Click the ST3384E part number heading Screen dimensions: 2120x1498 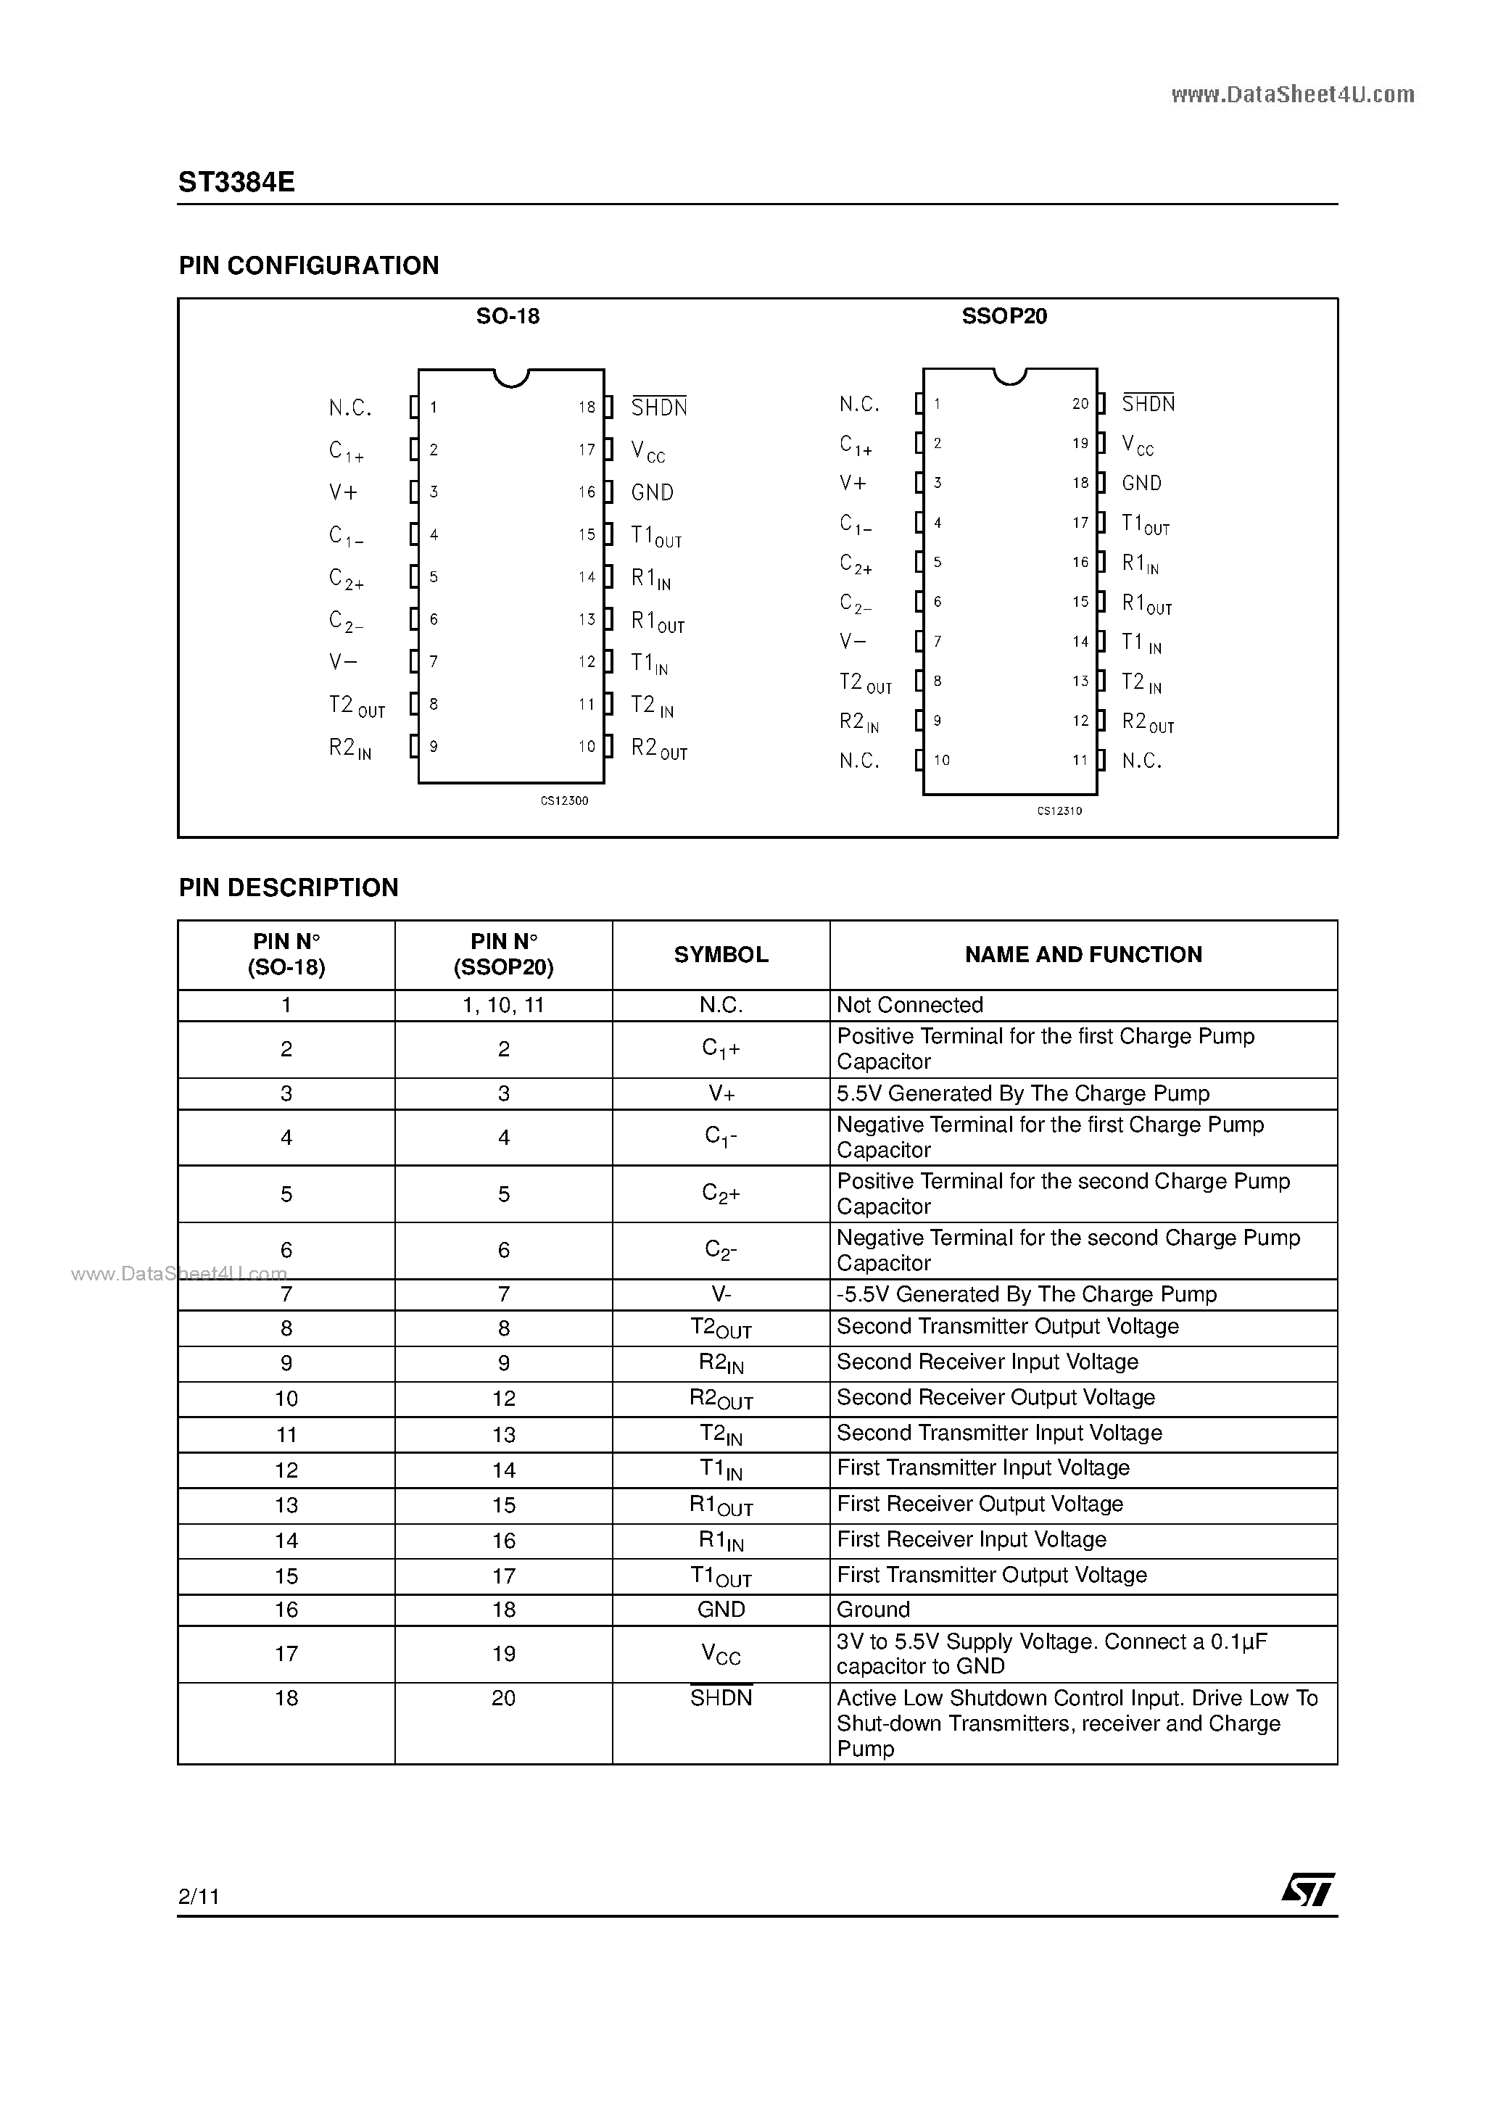tap(236, 183)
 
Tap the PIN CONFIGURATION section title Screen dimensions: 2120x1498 tap(308, 266)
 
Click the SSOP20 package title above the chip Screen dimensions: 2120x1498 tap(1004, 317)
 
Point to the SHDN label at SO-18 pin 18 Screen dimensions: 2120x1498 tap(658, 407)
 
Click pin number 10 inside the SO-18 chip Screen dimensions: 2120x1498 tap(587, 747)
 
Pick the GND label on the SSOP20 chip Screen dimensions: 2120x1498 tap(1141, 484)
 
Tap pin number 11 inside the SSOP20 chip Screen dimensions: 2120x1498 tap(1080, 761)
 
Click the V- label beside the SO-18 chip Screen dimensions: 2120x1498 tap(343, 662)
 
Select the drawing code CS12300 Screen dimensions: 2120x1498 tap(564, 800)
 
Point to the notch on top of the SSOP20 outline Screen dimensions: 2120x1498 tap(1010, 376)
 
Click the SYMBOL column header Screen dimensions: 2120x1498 tap(721, 955)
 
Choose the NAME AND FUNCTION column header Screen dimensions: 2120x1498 tap(1083, 955)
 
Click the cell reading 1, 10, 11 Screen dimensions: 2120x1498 tap(503, 1006)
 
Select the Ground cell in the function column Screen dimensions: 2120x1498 tap(873, 1610)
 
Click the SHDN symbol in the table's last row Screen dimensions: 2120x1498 tap(721, 1698)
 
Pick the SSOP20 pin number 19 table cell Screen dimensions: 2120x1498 tap(503, 1654)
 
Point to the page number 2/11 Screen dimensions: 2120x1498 tap(199, 1897)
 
